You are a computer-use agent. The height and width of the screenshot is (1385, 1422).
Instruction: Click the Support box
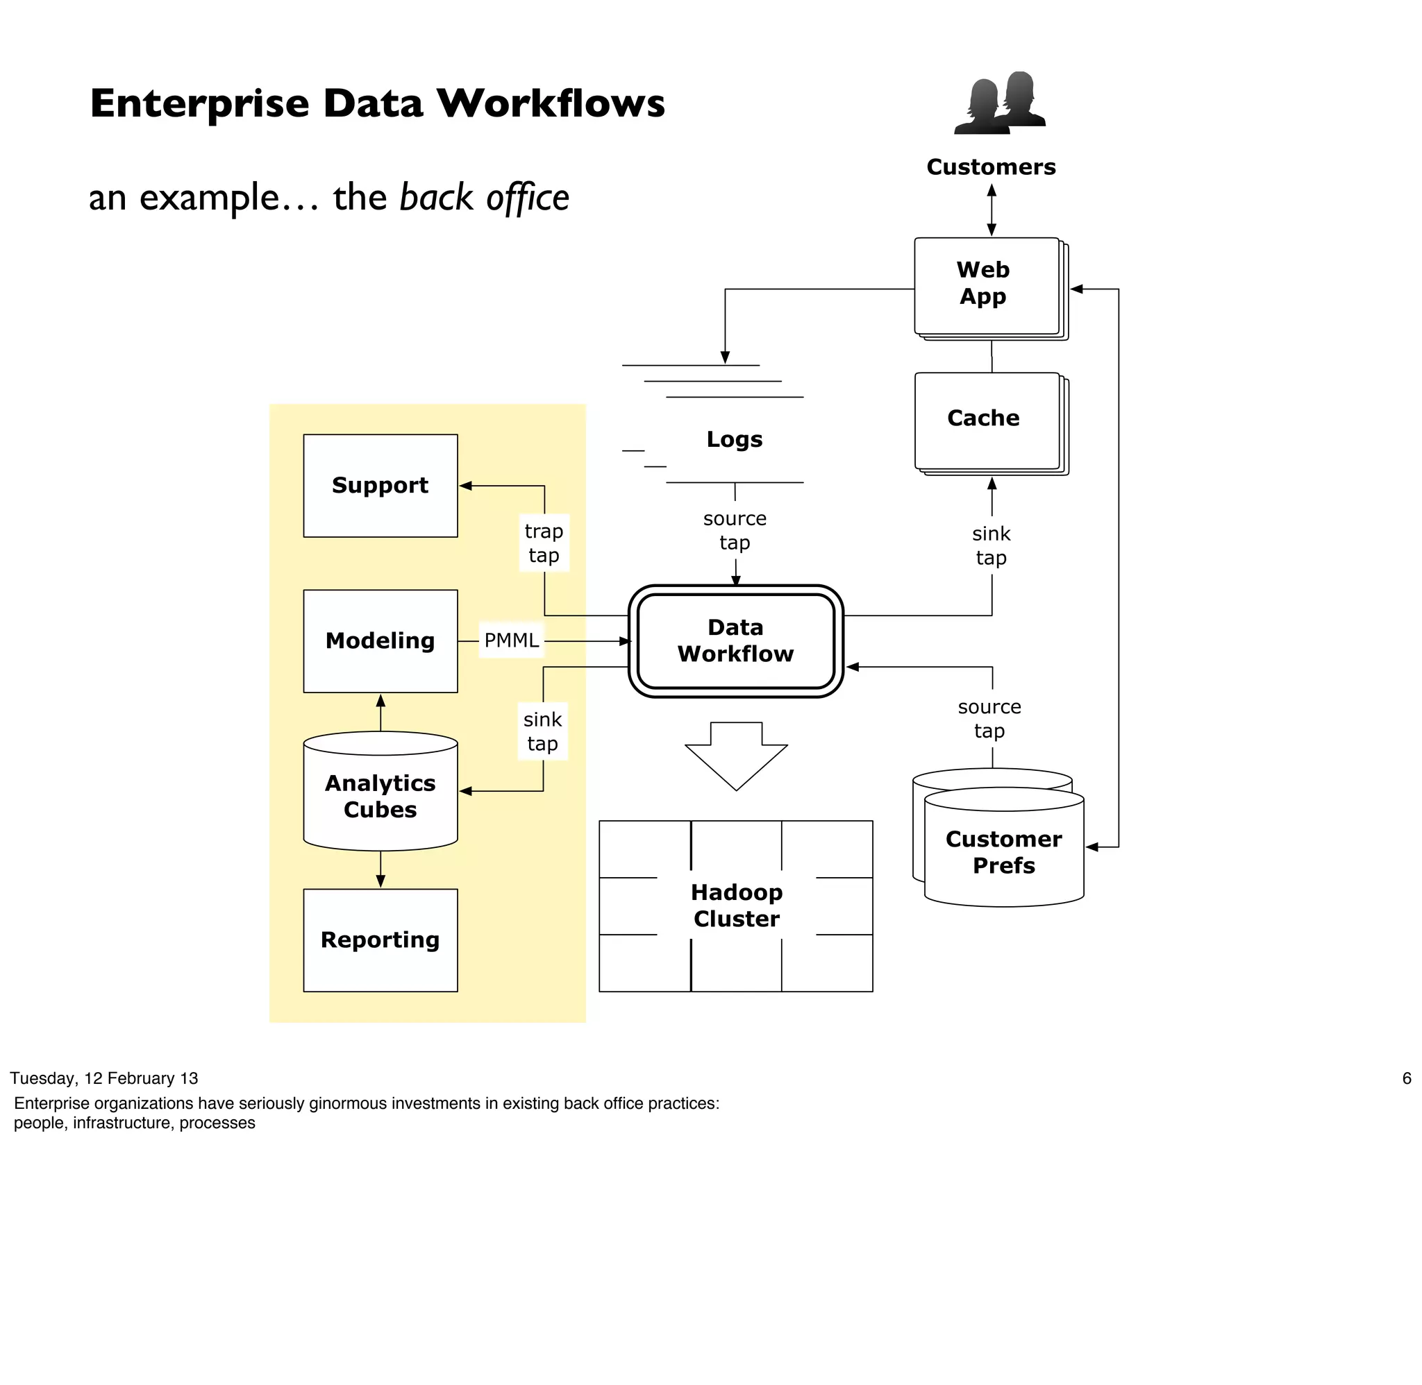pos(380,485)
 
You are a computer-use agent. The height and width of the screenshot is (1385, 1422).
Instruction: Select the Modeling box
pos(380,641)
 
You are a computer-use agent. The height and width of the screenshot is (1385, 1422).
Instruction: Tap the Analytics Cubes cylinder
pos(380,796)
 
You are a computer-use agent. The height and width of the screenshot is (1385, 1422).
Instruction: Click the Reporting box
pos(380,940)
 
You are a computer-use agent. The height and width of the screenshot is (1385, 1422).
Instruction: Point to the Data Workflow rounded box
pos(735,641)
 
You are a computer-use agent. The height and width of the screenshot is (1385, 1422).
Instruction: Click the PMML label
pos(511,641)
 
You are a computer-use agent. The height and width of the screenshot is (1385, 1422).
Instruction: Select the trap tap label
pos(544,543)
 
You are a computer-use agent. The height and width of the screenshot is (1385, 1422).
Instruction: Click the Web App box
pos(985,285)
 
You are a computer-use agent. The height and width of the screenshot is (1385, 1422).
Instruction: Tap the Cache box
pos(985,420)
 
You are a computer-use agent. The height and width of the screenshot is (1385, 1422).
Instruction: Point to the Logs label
pos(735,439)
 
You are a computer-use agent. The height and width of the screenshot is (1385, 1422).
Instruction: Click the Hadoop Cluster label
pos(736,906)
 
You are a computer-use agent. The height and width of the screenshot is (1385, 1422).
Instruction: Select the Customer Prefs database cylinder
pos(1003,852)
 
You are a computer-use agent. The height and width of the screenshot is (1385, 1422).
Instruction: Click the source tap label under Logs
pos(735,530)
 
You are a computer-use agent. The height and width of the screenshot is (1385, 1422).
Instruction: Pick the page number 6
pos(1406,1078)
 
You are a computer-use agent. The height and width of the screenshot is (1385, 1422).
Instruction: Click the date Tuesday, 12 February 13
pos(104,1078)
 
